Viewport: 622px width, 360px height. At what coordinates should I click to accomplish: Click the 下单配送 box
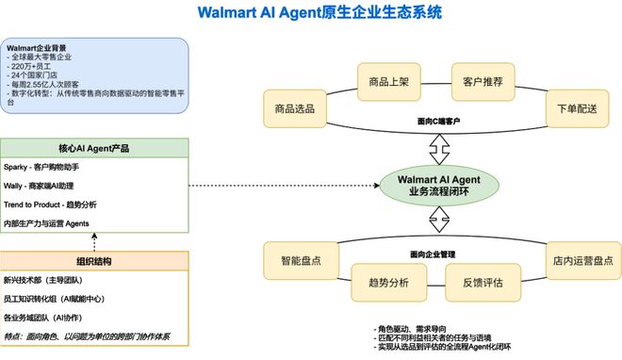tap(572, 109)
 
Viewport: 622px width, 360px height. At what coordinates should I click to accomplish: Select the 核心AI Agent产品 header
tap(94, 148)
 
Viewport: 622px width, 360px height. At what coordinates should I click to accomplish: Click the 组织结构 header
tap(94, 261)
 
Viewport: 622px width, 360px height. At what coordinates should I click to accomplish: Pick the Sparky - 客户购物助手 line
tap(49, 167)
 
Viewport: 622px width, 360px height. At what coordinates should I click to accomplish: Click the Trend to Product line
tap(51, 204)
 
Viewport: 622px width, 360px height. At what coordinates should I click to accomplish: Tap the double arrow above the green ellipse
tap(436, 148)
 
